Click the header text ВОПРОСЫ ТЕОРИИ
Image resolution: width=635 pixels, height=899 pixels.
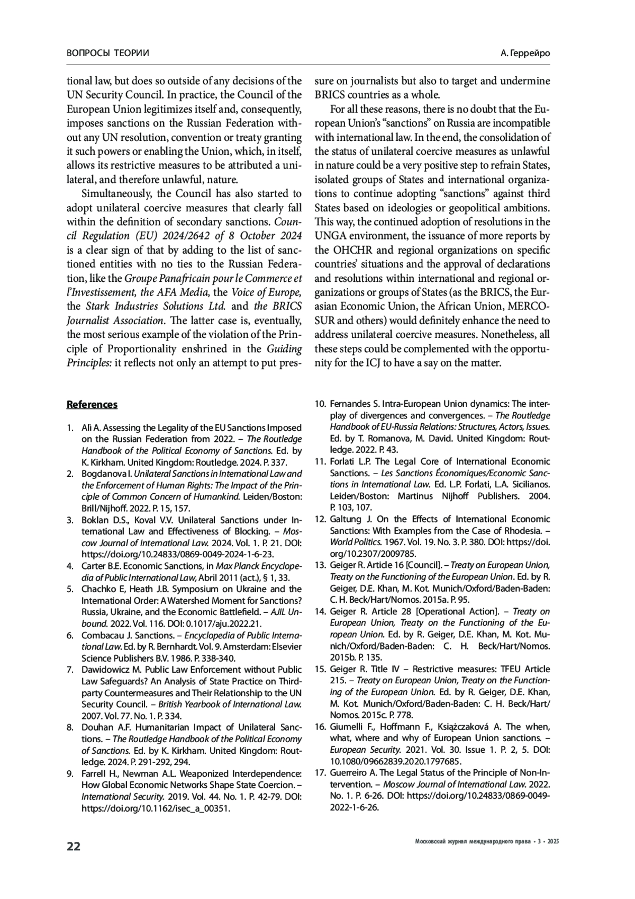[108, 54]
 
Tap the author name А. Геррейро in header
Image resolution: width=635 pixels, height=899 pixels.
[525, 54]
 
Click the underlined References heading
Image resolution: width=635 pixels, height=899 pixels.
[92, 405]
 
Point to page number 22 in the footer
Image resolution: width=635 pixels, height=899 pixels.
[74, 846]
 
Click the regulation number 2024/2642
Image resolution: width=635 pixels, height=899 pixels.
[204, 236]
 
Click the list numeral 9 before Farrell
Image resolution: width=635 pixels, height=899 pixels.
[70, 773]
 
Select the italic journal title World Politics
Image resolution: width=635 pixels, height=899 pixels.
[353, 542]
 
